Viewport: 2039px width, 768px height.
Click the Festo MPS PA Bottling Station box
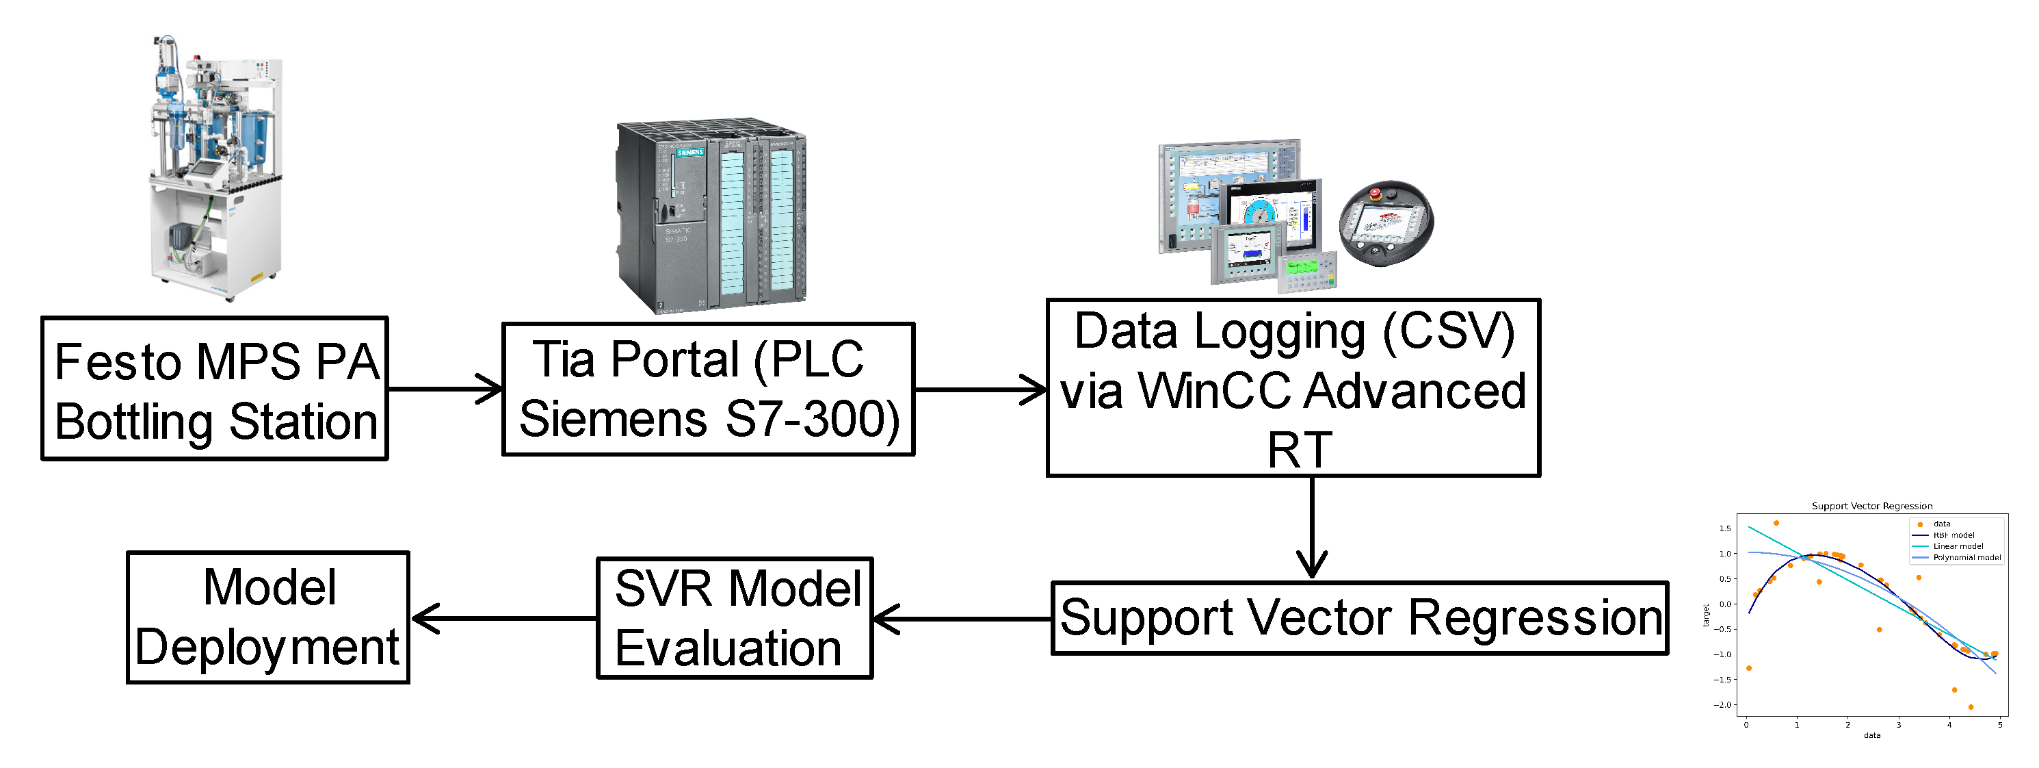pos(215,389)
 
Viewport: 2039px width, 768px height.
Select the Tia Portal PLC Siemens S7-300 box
pos(709,389)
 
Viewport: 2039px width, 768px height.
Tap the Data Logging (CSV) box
pos(1293,388)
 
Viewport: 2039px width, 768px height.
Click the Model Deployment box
pos(268,618)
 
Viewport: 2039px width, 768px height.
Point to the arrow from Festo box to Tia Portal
pos(445,389)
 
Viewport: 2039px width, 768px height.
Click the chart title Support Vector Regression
pos(1872,507)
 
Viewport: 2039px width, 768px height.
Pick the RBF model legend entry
pos(1954,536)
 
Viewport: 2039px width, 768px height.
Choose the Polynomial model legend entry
pos(1966,558)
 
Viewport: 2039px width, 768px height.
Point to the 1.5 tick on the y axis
pos(1726,529)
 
